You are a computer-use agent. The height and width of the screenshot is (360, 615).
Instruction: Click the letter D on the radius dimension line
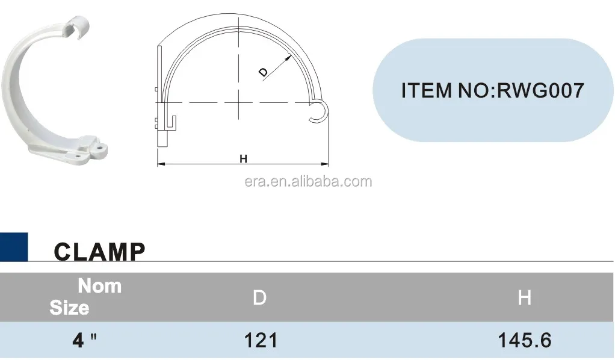pos(263,72)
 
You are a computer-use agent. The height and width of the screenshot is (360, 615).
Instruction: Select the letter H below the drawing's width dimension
pos(243,159)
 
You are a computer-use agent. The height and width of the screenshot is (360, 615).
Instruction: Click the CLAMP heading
pos(99,252)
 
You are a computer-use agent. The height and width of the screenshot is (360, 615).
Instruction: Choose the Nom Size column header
pos(84,296)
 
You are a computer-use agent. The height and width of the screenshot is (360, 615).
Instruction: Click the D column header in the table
pos(259,297)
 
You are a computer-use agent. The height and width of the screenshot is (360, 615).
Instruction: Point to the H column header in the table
pos(524,297)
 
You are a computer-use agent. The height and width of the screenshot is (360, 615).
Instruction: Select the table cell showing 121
pos(261,341)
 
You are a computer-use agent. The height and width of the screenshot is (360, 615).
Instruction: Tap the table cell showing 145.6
pos(524,341)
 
